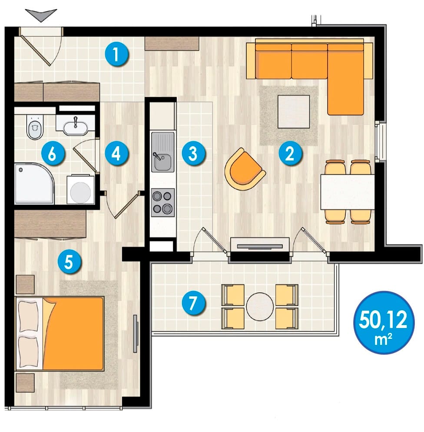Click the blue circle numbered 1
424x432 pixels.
point(116,54)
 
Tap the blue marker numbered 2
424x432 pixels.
point(290,154)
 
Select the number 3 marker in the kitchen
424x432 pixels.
point(193,154)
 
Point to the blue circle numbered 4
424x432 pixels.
point(116,154)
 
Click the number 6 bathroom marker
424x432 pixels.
point(53,154)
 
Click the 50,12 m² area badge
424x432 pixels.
point(384,322)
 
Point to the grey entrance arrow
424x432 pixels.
point(41,15)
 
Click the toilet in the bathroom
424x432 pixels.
point(35,127)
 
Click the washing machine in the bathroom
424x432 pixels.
point(81,190)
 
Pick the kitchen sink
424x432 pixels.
point(162,152)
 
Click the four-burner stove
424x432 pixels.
point(162,202)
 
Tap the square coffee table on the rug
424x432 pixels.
point(294,111)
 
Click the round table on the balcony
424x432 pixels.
point(260,306)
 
